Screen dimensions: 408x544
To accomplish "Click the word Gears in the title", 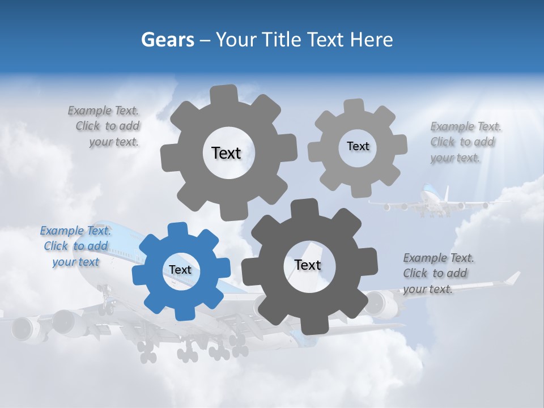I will click(x=168, y=40).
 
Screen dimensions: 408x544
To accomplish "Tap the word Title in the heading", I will click(x=284, y=40).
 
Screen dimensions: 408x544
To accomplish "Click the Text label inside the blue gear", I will click(x=180, y=270).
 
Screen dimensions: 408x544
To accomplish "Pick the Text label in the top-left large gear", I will click(x=226, y=153).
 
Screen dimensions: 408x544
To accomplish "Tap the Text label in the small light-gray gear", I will click(x=358, y=146).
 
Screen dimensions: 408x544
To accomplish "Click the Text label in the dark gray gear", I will click(x=308, y=265).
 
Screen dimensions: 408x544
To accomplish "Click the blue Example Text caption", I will click(x=75, y=246).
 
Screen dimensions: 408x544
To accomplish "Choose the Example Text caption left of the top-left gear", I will click(x=105, y=126).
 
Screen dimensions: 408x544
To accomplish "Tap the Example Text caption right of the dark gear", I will click(x=438, y=273).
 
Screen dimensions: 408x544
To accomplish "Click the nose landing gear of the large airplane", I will click(x=105, y=300).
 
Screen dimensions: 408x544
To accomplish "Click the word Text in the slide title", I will click(x=326, y=40).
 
